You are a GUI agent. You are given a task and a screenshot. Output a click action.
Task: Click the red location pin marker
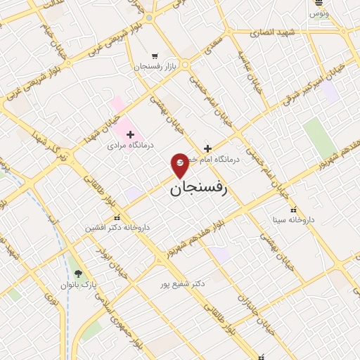pos(180,165)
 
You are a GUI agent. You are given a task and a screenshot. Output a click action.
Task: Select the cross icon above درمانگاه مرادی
pos(130,134)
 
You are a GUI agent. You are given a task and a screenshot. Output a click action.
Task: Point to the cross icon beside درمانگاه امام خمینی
pos(207,148)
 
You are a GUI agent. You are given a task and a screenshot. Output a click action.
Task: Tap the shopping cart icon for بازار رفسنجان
pos(155,56)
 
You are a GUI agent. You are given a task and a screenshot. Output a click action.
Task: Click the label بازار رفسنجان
pos(155,67)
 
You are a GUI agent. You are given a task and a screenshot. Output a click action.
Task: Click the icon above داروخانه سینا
pos(293,210)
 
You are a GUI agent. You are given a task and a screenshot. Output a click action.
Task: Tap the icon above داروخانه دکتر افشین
pos(117,217)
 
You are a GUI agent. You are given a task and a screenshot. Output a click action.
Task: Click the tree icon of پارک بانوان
pos(77,274)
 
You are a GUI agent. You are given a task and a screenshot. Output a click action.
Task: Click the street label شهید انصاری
pos(276,32)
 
